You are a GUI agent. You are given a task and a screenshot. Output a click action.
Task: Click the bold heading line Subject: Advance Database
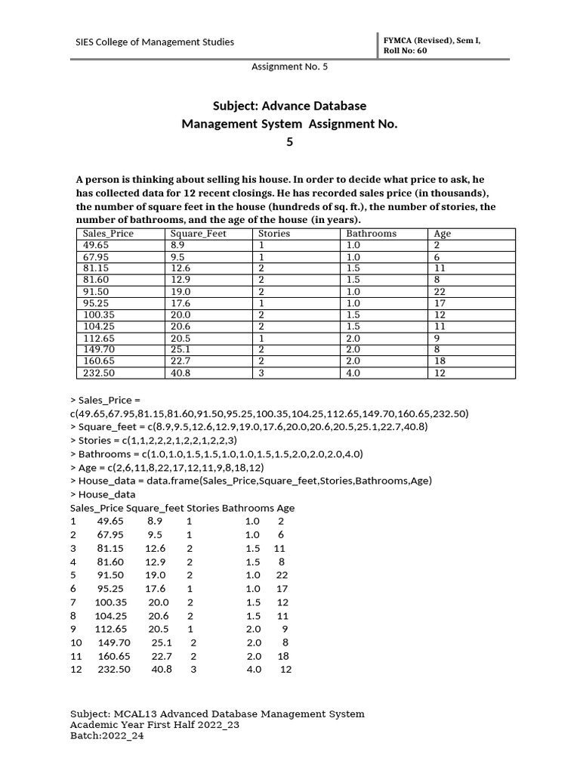pyautogui.click(x=289, y=106)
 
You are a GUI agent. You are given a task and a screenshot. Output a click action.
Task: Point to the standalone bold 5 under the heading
pyautogui.click(x=289, y=141)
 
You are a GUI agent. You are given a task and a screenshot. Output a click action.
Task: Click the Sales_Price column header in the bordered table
pyautogui.click(x=108, y=234)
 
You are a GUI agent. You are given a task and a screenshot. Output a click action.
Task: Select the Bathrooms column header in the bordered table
pyautogui.click(x=371, y=234)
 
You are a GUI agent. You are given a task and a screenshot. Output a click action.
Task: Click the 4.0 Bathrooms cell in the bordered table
pyautogui.click(x=353, y=373)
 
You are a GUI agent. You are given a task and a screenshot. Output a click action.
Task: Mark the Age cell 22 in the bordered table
pyautogui.click(x=440, y=292)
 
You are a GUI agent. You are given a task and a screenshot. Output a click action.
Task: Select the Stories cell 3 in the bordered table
pyautogui.click(x=261, y=373)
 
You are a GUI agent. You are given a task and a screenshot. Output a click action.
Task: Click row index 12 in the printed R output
pyautogui.click(x=75, y=669)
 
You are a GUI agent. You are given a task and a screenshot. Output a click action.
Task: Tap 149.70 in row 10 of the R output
pyautogui.click(x=114, y=642)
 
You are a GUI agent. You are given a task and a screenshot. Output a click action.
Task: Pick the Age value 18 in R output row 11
pyautogui.click(x=283, y=656)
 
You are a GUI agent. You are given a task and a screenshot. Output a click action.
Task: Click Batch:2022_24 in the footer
pyautogui.click(x=106, y=737)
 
